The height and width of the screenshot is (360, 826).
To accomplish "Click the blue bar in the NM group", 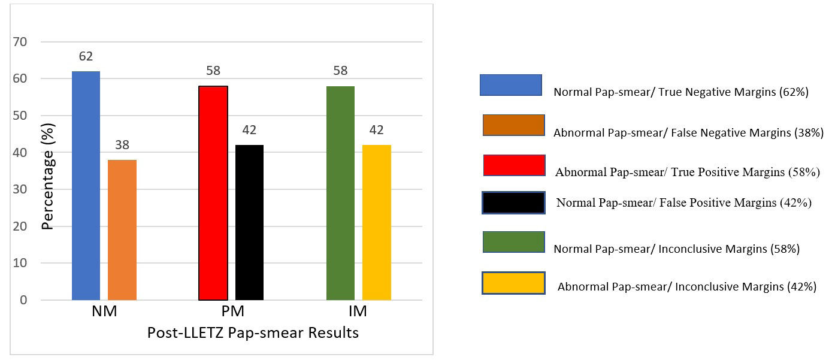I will [86, 186].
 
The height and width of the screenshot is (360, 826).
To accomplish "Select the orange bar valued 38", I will [122, 230].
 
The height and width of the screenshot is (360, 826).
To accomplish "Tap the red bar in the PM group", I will [213, 193].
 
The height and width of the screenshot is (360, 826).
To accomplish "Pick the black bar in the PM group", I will [249, 222].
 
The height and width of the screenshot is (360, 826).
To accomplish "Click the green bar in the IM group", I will [340, 193].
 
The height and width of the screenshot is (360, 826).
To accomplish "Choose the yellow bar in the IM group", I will [377, 222].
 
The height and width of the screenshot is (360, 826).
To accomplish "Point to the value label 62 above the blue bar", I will [86, 57].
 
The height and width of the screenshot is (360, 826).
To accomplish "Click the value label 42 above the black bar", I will [249, 131].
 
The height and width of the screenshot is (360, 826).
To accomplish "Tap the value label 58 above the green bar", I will [340, 71].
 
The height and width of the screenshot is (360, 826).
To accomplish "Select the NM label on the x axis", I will [104, 311].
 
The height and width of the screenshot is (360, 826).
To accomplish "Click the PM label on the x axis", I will [231, 311].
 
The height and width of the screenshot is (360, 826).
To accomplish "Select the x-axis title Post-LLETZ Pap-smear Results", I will [253, 333].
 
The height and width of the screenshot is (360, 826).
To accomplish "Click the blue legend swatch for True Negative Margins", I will [510, 85].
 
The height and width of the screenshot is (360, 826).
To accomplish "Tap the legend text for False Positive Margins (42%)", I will [683, 202].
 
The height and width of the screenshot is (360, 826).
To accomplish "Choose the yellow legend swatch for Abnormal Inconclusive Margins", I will [513, 283].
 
